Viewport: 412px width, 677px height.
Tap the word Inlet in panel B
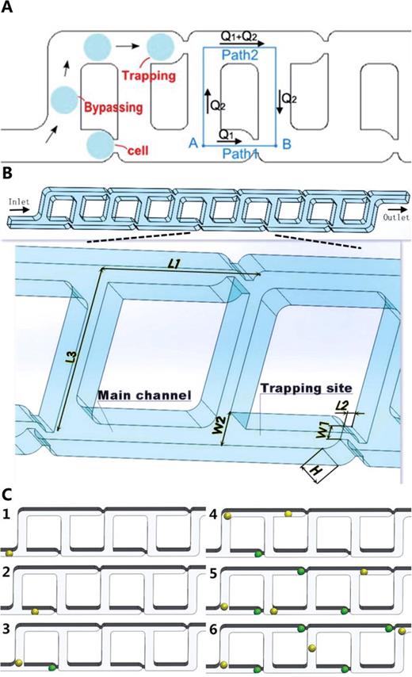pyautogui.click(x=18, y=202)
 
